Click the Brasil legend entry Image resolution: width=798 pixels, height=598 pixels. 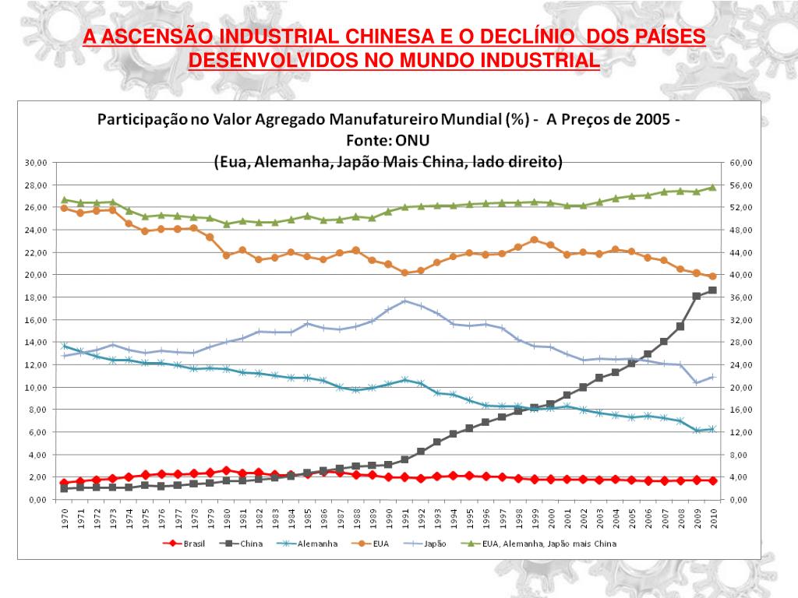tap(185, 545)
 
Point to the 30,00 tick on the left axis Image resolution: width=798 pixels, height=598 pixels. tap(37, 163)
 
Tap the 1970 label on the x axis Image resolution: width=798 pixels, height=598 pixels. tap(64, 518)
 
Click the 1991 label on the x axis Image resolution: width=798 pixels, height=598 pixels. tap(404, 518)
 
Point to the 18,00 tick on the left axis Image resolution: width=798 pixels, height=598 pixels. tap(37, 297)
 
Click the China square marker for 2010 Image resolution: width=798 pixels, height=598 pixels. tap(712, 290)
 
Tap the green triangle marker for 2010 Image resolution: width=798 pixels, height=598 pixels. tap(712, 188)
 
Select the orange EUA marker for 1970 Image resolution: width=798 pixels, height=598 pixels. tap(64, 208)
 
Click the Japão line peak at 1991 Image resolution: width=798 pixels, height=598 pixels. tap(404, 301)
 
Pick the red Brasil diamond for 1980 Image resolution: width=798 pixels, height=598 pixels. tap(226, 470)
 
